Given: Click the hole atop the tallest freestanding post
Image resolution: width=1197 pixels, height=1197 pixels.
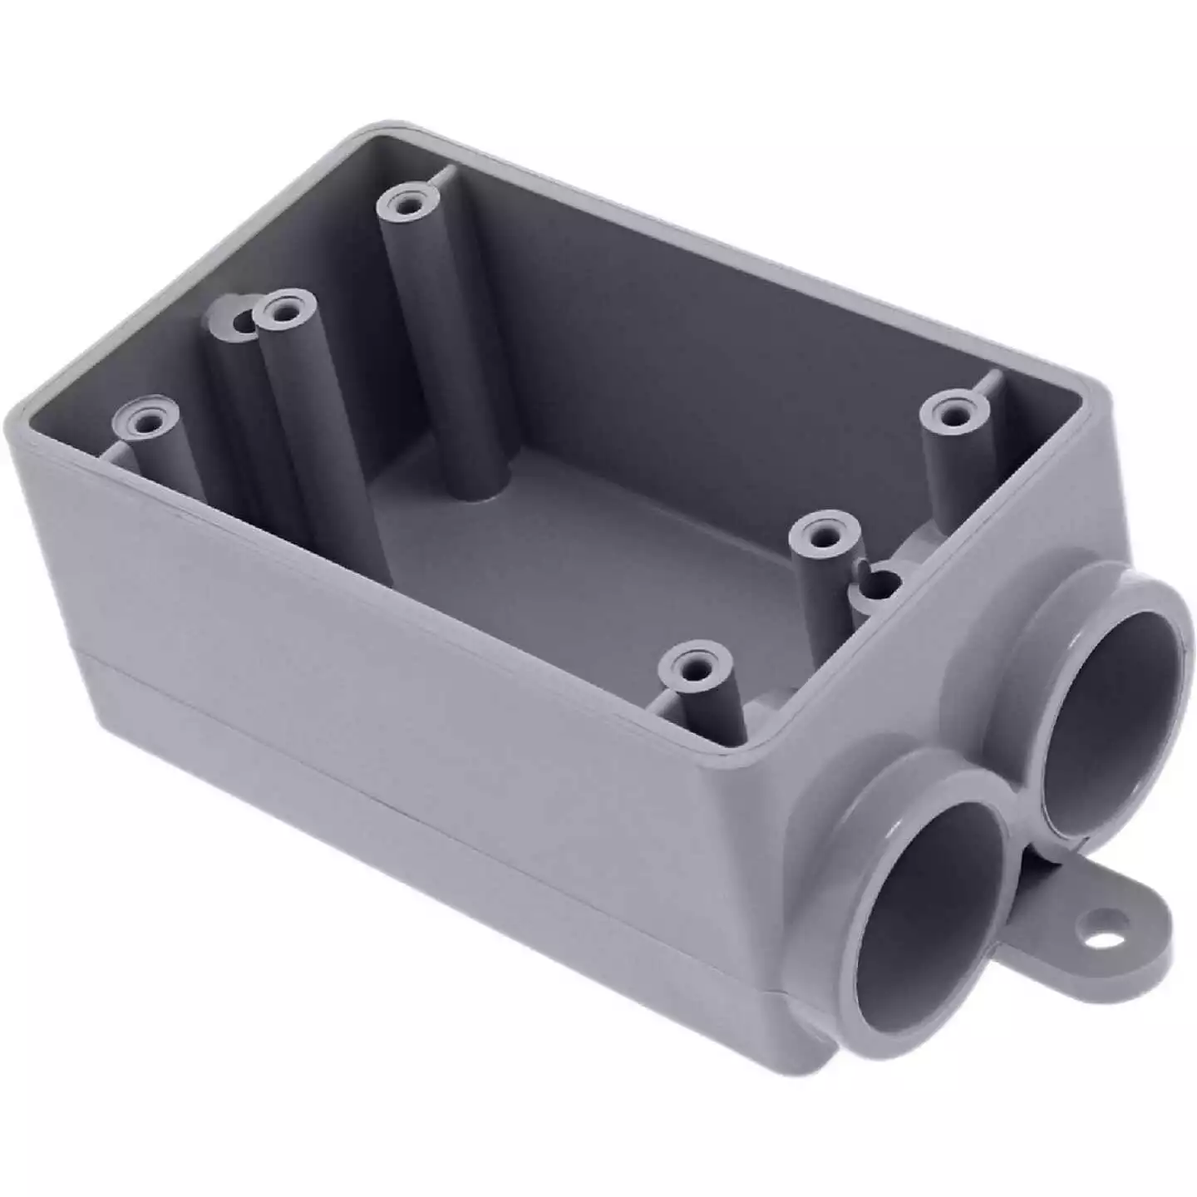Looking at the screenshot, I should pyautogui.click(x=406, y=202).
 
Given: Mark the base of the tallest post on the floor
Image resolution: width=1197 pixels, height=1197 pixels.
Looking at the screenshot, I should pyautogui.click(x=482, y=490).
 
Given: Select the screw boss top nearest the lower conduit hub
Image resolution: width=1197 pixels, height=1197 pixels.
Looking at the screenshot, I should pyautogui.click(x=694, y=665).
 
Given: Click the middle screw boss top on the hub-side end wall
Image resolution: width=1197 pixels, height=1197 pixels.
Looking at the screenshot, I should pyautogui.click(x=823, y=534).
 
